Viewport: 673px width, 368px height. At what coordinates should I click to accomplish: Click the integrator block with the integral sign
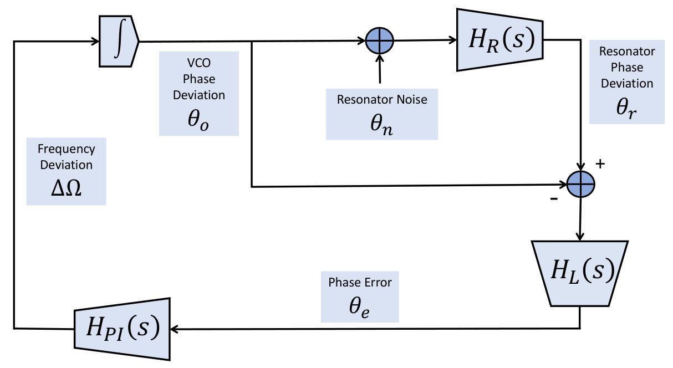coord(119,41)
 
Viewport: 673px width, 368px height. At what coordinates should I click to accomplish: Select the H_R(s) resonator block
coord(499,40)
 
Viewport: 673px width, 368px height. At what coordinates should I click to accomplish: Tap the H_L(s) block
coord(579,273)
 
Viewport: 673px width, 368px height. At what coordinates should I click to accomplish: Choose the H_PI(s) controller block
coord(123,329)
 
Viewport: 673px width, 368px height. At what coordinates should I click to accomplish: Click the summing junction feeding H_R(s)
coord(380,41)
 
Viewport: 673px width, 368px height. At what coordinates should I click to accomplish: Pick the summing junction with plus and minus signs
coord(580,184)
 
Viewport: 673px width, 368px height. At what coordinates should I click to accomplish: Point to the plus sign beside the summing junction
coord(600,163)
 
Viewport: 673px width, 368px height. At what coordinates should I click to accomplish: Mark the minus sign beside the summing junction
coord(554,198)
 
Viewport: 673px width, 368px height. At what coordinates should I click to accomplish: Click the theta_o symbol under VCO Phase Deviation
coord(198,120)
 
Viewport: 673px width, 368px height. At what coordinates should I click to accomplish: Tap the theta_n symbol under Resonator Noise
coord(381,125)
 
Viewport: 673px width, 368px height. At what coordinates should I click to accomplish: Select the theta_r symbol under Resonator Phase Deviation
coord(626,108)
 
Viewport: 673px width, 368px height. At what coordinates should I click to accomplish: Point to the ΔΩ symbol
coord(66,188)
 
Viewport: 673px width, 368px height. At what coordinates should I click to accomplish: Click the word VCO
coord(199,63)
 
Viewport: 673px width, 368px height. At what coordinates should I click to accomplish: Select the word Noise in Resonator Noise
coord(412,99)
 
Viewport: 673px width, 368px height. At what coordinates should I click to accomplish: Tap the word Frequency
coord(67,149)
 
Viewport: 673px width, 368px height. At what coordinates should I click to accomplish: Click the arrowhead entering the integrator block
coord(95,41)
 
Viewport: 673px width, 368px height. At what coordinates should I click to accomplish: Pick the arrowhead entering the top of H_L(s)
coord(580,237)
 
